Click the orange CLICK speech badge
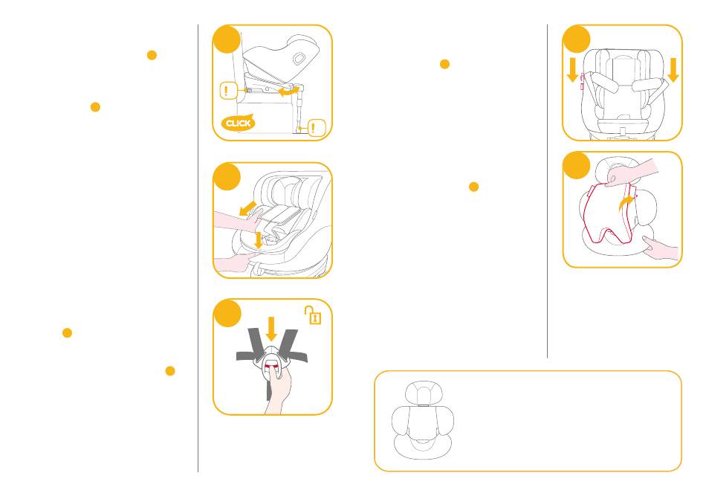pyautogui.click(x=238, y=123)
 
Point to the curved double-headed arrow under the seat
pyautogui.click(x=288, y=91)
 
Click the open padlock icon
pyautogui.click(x=313, y=315)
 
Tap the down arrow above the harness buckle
pyautogui.click(x=271, y=329)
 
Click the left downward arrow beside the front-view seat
pyautogui.click(x=573, y=70)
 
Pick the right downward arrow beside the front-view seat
pyautogui.click(x=673, y=70)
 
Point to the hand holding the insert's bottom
pyautogui.click(x=660, y=249)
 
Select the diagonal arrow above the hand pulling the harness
pyautogui.click(x=247, y=208)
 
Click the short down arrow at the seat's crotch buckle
pyautogui.click(x=258, y=239)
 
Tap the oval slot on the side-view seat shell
pyautogui.click(x=299, y=59)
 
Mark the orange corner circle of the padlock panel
pyautogui.click(x=227, y=313)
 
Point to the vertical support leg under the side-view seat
pyautogui.click(x=299, y=108)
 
